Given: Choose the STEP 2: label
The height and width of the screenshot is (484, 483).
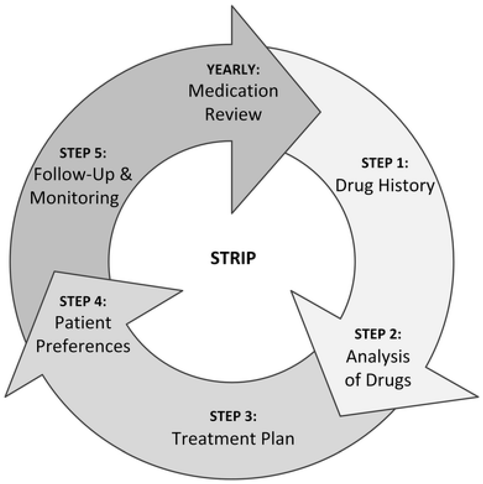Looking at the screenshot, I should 378,334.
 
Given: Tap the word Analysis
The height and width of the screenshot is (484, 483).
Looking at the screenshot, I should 378,357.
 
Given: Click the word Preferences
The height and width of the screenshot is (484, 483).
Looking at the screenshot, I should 83,346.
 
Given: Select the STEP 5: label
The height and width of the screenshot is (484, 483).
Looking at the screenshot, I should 83,153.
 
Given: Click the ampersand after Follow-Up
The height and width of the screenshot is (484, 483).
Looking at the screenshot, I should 125,174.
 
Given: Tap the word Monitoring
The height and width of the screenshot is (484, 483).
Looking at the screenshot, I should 74,198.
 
